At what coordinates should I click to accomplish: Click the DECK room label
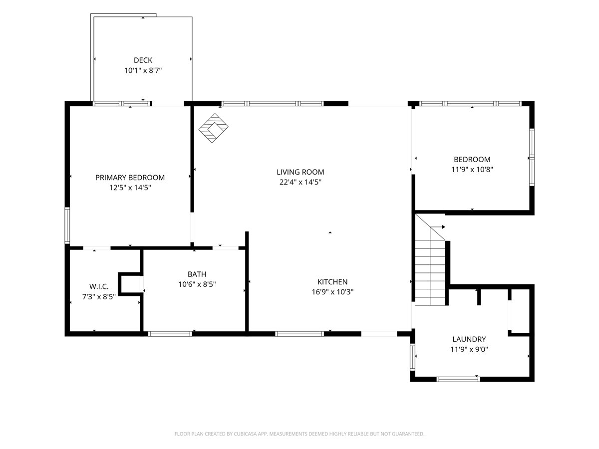pos(143,60)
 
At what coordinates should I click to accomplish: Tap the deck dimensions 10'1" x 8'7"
pos(143,71)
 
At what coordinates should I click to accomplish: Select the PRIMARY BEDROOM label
pos(130,178)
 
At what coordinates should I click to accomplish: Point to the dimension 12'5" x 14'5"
pos(130,188)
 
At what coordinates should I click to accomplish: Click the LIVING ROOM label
pos(300,172)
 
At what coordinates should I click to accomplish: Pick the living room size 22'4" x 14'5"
pos(300,182)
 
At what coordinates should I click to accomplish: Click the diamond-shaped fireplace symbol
pos(214,128)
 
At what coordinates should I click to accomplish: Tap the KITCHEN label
pos(332,282)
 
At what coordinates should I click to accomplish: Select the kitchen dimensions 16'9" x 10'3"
pos(332,292)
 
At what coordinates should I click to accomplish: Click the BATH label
pos(197,274)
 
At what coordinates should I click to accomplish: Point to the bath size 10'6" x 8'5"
pos(197,284)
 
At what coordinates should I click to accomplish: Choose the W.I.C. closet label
pos(99,286)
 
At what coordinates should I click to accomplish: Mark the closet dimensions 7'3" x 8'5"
pos(99,297)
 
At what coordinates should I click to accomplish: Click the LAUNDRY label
pos(469,339)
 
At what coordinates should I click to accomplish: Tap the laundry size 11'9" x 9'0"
pos(469,349)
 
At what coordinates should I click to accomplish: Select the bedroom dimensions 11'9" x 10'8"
pos(472,170)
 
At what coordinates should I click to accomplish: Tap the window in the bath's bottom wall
pos(170,334)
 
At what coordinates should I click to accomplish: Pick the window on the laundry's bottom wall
pos(458,379)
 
